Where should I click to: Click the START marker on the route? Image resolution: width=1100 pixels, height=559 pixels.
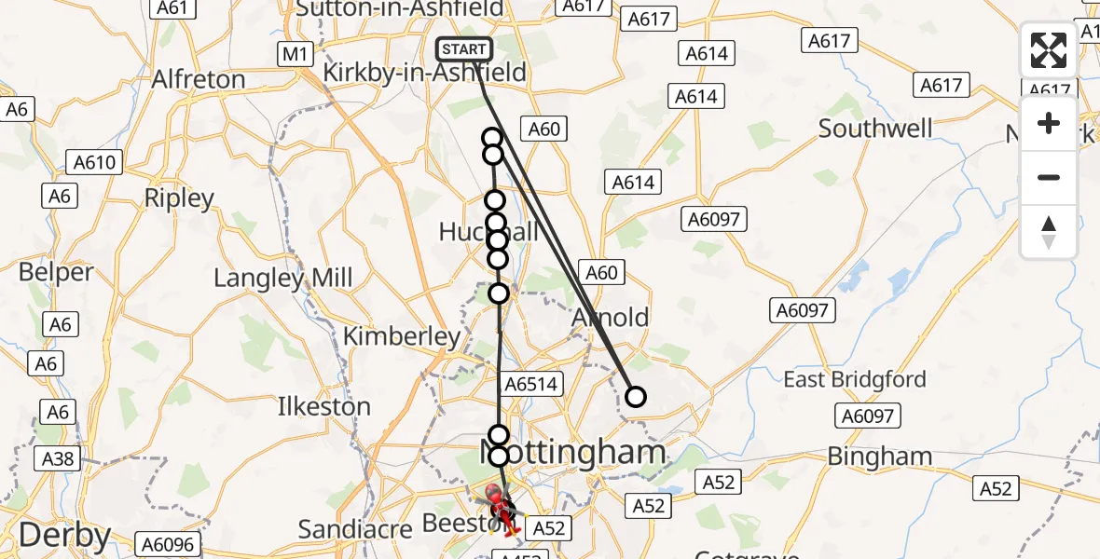click(464, 50)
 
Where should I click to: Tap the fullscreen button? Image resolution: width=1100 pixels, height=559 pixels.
click(1049, 50)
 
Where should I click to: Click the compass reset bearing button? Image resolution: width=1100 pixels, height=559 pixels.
click(1049, 232)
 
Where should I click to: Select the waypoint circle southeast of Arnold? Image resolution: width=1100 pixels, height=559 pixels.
click(635, 397)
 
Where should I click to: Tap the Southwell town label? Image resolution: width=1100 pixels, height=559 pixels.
click(874, 129)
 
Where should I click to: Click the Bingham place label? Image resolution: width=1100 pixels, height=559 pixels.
click(880, 457)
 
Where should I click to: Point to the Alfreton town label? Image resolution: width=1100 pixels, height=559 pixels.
click(199, 79)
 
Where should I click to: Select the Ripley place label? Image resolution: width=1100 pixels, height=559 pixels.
click(180, 198)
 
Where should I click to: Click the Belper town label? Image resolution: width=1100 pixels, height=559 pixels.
click(57, 273)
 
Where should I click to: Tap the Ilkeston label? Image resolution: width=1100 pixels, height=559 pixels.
click(324, 406)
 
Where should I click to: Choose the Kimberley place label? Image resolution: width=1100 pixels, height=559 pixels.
click(402, 336)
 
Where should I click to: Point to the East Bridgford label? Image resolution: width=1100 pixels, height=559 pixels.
click(855, 379)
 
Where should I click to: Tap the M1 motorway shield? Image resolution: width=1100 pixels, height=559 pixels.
click(295, 55)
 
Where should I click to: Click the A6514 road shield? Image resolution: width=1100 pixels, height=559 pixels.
click(530, 384)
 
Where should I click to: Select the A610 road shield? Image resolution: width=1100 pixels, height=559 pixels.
click(94, 163)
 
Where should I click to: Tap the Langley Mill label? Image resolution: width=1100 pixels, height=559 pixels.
click(283, 278)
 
